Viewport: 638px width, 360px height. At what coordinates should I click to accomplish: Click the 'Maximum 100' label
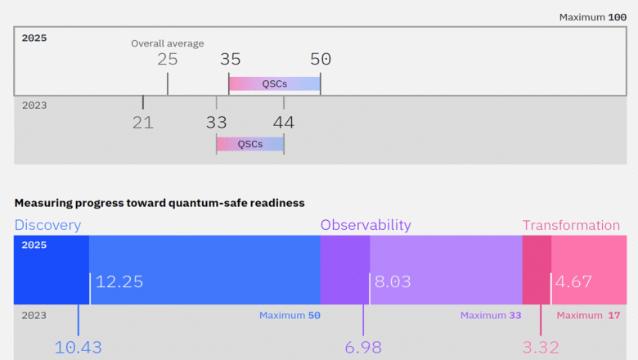[593, 17]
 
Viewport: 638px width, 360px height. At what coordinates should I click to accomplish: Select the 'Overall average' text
[168, 43]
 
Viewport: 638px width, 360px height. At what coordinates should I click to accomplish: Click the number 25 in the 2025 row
[168, 59]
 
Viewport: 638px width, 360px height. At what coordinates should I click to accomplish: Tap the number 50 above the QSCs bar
[321, 59]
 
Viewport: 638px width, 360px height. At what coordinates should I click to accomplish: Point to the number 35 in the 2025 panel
[230, 59]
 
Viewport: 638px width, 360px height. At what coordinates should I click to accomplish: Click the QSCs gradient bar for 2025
[274, 83]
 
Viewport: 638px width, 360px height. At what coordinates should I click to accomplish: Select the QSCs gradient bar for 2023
[250, 144]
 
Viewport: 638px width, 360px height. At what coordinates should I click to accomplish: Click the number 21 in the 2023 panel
[143, 123]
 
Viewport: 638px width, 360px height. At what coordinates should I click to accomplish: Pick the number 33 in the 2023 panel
[216, 123]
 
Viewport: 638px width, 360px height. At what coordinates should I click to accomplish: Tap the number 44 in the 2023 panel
[284, 123]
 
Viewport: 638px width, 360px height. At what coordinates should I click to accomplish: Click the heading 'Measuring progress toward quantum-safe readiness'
[159, 202]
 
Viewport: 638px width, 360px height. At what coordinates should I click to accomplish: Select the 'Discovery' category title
[47, 225]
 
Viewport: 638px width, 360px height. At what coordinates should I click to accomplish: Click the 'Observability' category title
[366, 225]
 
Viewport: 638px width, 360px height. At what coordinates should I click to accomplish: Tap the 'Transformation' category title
[571, 225]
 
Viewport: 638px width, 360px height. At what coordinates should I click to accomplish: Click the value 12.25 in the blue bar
[119, 281]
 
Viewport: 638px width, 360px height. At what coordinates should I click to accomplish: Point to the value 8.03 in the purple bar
[393, 281]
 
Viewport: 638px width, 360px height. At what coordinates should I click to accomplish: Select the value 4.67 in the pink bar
[573, 281]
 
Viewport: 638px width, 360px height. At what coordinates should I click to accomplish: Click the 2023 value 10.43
[79, 347]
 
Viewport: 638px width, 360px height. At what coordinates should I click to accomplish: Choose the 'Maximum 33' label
[490, 315]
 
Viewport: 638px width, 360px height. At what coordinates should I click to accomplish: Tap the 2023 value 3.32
[541, 347]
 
